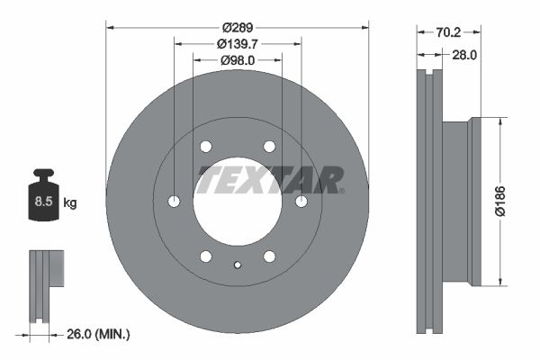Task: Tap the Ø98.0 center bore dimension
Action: (x=238, y=60)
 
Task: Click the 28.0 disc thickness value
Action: (x=463, y=55)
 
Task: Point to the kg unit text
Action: (x=69, y=203)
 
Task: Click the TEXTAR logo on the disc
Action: (x=270, y=179)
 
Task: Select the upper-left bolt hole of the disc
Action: (x=206, y=146)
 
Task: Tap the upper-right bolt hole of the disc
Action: (x=269, y=146)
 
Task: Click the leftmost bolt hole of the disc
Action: (x=175, y=201)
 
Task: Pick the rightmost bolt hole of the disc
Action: (x=301, y=201)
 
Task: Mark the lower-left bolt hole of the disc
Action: (x=206, y=256)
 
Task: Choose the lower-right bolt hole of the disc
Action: (x=269, y=256)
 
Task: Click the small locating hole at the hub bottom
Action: (x=238, y=265)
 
